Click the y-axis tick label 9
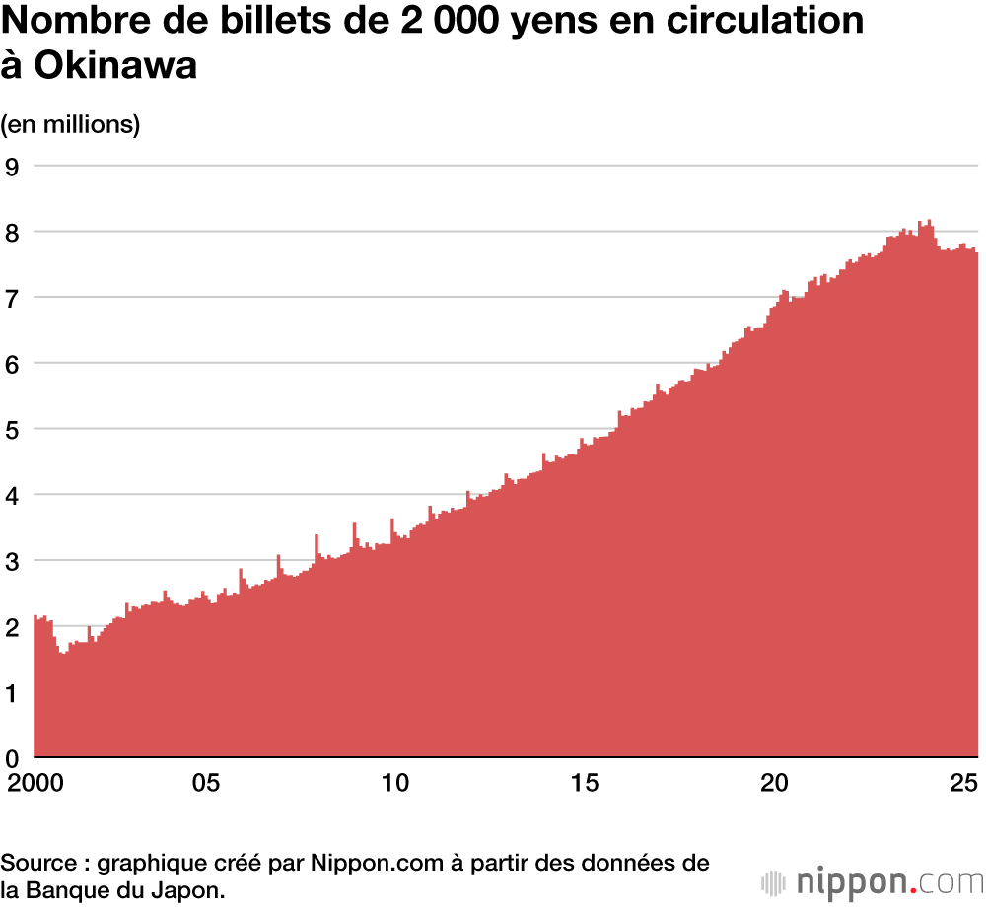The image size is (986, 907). pos(13,166)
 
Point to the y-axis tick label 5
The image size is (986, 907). pos(13,429)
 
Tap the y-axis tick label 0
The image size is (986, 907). pos(13,757)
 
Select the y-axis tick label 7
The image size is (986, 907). pos(13,297)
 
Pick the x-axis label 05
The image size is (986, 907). pos(204,785)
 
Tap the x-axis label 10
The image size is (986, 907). pos(394,785)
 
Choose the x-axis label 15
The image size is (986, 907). pos(585,785)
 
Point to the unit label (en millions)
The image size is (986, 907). pos(71,124)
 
